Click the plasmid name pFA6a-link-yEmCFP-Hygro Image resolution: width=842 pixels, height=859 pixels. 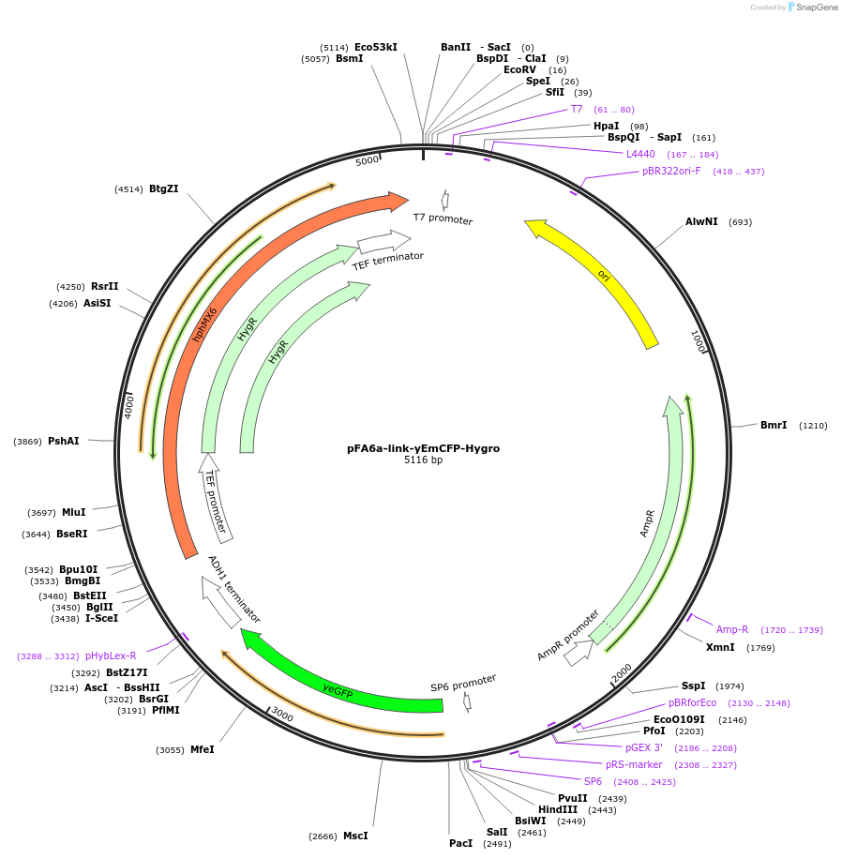pyautogui.click(x=423, y=448)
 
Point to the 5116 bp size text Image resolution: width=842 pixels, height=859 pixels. pyautogui.click(x=423, y=460)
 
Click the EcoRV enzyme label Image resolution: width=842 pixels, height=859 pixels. pyautogui.click(x=519, y=70)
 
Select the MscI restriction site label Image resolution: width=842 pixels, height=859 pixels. pyautogui.click(x=355, y=836)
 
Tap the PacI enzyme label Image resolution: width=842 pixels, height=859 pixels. pyautogui.click(x=460, y=843)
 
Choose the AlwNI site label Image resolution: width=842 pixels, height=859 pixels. pyautogui.click(x=701, y=222)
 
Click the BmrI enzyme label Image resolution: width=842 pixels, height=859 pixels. pyautogui.click(x=774, y=426)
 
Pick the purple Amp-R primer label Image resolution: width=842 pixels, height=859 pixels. pyautogui.click(x=732, y=629)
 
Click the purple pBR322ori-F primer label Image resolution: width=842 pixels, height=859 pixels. pyautogui.click(x=671, y=172)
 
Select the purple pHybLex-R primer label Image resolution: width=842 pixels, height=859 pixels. pyautogui.click(x=111, y=656)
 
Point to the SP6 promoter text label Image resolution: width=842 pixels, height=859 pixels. pyautogui.click(x=463, y=682)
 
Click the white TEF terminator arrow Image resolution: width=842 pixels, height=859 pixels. pyautogui.click(x=383, y=242)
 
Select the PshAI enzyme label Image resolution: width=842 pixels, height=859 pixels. pyautogui.click(x=64, y=441)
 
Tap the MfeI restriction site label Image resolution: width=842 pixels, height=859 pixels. pyautogui.click(x=203, y=749)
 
